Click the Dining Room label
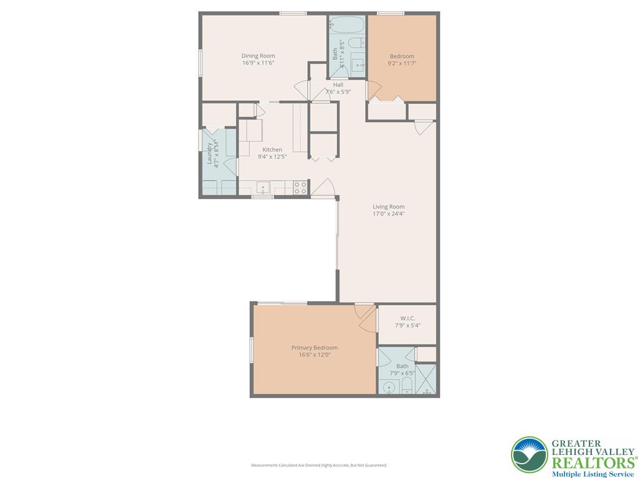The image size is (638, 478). coord(259,56)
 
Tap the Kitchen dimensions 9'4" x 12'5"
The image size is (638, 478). coord(272,156)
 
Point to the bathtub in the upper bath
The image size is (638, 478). coord(347,26)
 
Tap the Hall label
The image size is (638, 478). coord(338,85)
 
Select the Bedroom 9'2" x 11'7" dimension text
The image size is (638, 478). coord(402,63)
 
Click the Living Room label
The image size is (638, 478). coord(389,207)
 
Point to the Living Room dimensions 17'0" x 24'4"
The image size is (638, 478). coord(389,214)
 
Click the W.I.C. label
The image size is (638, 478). coord(408,318)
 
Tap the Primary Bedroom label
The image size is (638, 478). coord(315,348)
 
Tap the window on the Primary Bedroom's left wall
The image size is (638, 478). coord(252,349)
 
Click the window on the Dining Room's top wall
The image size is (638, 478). coord(292,13)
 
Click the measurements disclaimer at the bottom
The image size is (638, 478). coord(319,465)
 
